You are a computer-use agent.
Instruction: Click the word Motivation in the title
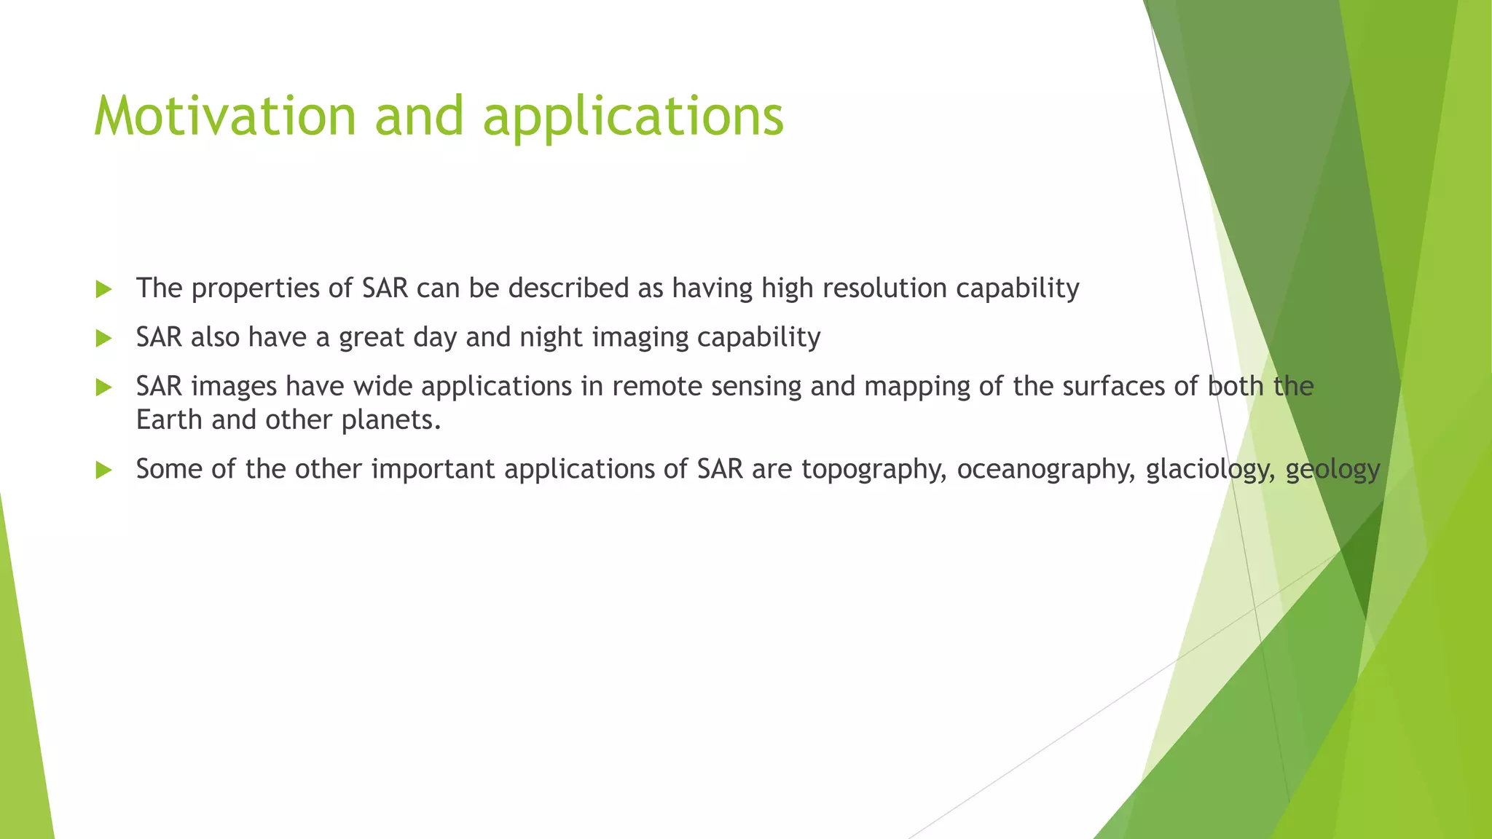pos(225,117)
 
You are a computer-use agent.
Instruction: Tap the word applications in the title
pos(633,117)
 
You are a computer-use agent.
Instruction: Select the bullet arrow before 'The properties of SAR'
pos(103,290)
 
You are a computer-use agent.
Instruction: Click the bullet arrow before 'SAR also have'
pos(103,339)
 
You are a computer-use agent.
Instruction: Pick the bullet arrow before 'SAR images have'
pos(103,387)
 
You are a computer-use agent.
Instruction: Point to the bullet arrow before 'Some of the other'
pos(103,470)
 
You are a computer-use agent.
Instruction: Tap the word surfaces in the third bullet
pos(1114,386)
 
